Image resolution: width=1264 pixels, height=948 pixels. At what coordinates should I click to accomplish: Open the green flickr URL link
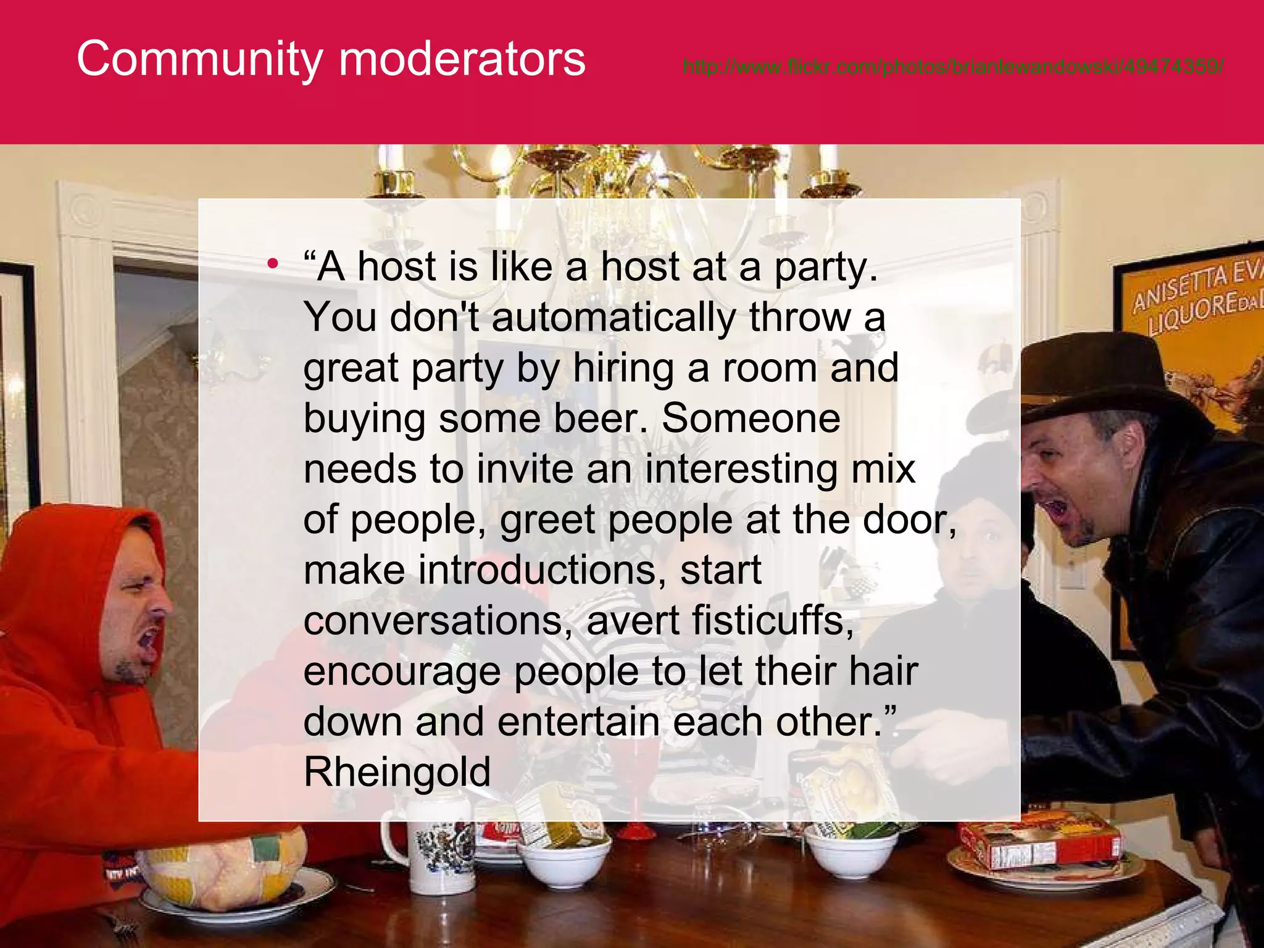click(x=953, y=66)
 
